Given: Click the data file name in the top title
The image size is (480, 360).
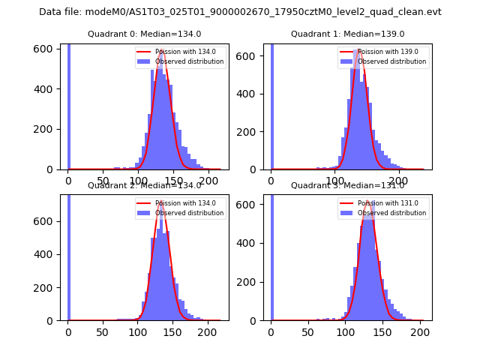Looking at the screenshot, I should pyautogui.click(x=240, y=12).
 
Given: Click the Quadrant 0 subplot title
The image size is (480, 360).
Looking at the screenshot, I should pyautogui.click(x=144, y=34).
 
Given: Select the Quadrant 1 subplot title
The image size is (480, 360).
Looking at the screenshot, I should pyautogui.click(x=347, y=34).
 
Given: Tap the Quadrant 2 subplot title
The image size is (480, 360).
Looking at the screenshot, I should pyautogui.click(x=144, y=185).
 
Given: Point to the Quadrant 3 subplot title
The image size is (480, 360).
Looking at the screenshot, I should pyautogui.click(x=347, y=185).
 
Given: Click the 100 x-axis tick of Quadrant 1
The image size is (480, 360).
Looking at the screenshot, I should pyautogui.click(x=335, y=181).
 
